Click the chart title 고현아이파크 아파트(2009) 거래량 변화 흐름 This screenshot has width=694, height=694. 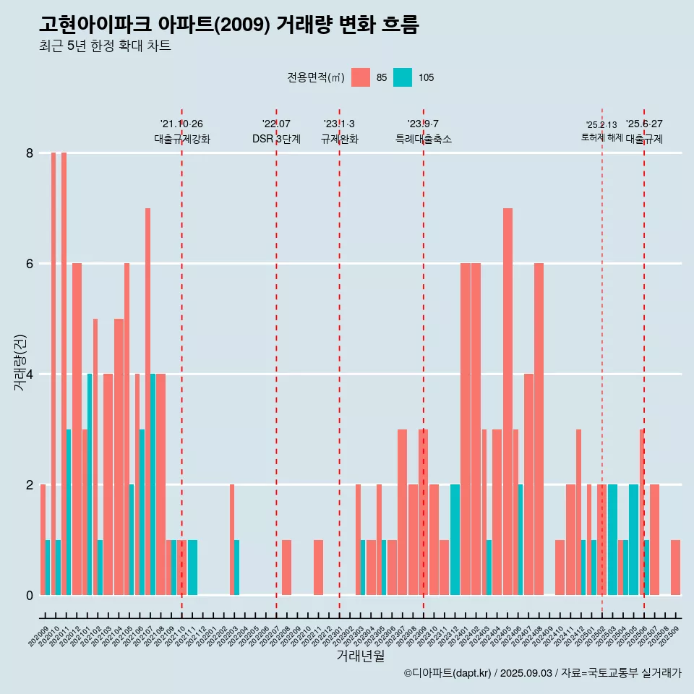229,25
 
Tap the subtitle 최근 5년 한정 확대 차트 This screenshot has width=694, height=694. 105,46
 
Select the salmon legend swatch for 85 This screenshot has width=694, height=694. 360,77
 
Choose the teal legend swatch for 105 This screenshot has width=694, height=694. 403,77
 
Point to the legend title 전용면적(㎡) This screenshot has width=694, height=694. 315,77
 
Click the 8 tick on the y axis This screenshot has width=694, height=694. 30,153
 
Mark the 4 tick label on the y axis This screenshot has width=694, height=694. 30,374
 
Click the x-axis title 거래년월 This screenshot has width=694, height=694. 360,656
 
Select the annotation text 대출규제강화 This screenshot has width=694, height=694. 181,139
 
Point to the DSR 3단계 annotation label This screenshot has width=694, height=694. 276,139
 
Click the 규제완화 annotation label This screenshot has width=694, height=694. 339,139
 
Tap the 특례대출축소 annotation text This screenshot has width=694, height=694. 423,139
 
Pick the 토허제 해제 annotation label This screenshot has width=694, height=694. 601,137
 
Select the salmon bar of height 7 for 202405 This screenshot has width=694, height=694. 507,401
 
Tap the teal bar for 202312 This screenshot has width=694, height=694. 455,539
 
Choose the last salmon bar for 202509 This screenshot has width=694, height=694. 675,567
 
